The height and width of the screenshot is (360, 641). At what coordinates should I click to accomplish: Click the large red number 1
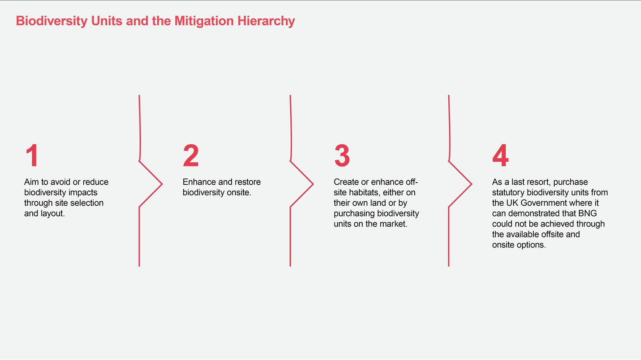(32, 155)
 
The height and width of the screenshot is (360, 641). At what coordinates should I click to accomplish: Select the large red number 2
(191, 155)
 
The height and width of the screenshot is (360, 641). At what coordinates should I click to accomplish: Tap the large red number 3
(342, 155)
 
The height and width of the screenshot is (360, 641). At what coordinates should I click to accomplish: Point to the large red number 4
(500, 155)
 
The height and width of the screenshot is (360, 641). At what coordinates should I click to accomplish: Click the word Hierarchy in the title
(266, 21)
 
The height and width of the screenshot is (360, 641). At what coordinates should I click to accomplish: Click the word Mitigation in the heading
(204, 21)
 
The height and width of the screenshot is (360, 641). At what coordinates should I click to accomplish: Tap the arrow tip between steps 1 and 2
(162, 184)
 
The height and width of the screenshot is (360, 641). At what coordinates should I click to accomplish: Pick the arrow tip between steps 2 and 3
(314, 184)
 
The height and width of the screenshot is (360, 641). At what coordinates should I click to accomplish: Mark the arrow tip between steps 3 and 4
(472, 184)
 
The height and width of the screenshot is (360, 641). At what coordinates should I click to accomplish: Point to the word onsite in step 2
(238, 193)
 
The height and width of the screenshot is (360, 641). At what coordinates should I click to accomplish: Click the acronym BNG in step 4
(587, 213)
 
